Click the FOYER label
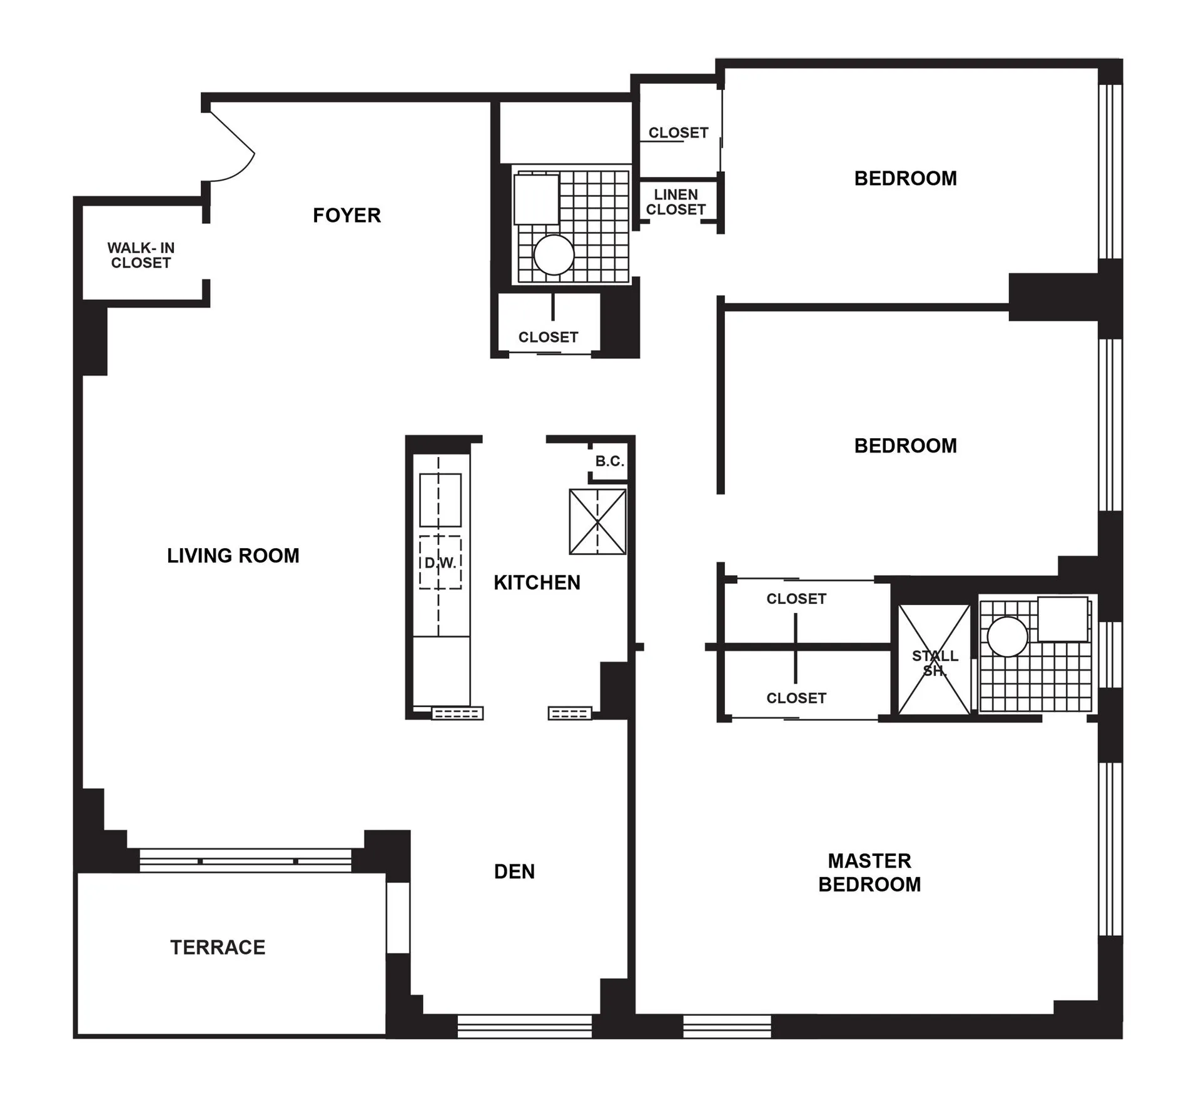click(x=347, y=215)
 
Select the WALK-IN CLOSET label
click(x=141, y=255)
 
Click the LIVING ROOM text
click(x=233, y=555)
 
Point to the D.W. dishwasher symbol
click(x=440, y=563)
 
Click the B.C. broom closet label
click(x=609, y=461)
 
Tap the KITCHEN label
click(x=537, y=583)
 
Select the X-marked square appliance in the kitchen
click(x=597, y=521)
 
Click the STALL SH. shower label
click(x=935, y=663)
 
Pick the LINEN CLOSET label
click(x=676, y=202)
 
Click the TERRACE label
click(x=218, y=947)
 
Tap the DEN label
click(x=514, y=871)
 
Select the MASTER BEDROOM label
click(x=869, y=872)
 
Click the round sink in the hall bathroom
click(x=554, y=254)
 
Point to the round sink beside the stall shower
click(x=1007, y=636)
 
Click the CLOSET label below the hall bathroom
click(x=548, y=337)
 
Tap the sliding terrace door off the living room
click(x=245, y=860)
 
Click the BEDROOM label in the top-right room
click(x=905, y=178)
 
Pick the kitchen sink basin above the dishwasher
click(x=440, y=499)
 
